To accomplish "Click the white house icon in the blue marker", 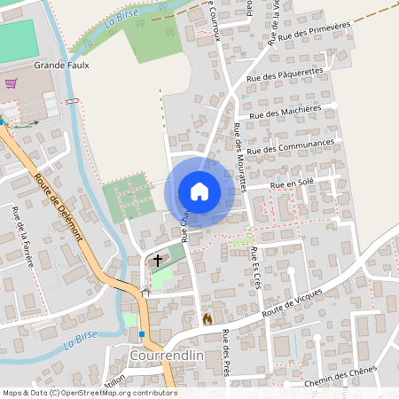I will coord(199,191).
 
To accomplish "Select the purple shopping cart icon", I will coord(12,83).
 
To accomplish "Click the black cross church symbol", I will coord(159,261).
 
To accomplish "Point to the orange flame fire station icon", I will coord(207,318).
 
